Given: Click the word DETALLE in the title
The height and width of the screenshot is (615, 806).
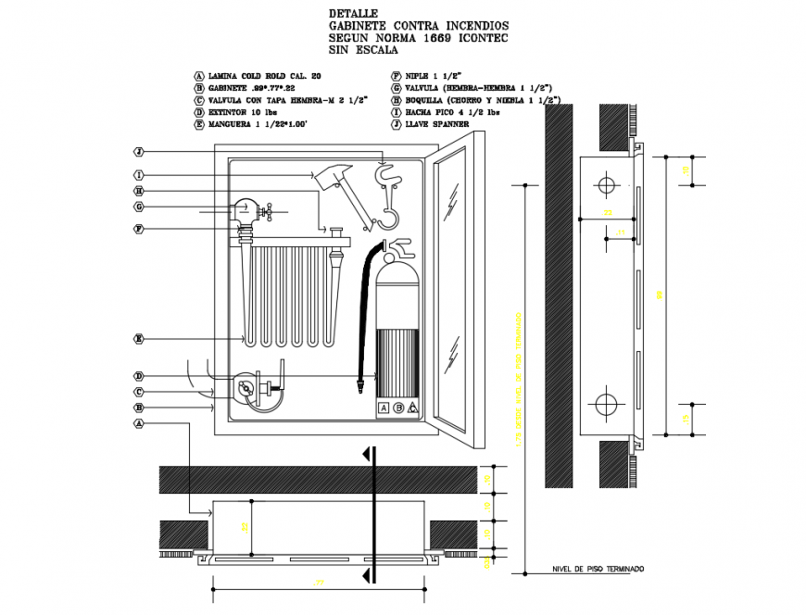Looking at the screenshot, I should (353, 14).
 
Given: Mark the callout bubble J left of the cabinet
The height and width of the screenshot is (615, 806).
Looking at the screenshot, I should (138, 151).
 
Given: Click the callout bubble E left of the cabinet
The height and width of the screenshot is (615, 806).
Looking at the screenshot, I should (138, 339).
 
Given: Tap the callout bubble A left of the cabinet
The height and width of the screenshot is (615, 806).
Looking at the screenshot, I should (138, 422).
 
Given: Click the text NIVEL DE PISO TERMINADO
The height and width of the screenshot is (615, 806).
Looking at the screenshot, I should (597, 569).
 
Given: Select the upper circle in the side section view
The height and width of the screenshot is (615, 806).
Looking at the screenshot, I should (606, 185).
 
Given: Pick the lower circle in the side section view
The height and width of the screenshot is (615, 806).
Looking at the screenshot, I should (606, 404).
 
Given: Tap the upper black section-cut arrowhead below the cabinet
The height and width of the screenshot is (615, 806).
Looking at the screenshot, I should (369, 454).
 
